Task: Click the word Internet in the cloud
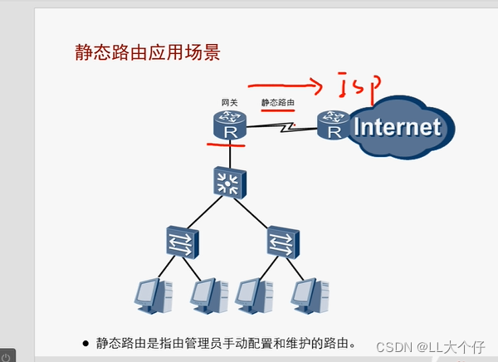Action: (396, 127)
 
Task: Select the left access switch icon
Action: (179, 242)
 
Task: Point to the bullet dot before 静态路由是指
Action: (85, 342)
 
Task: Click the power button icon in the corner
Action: (6, 355)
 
